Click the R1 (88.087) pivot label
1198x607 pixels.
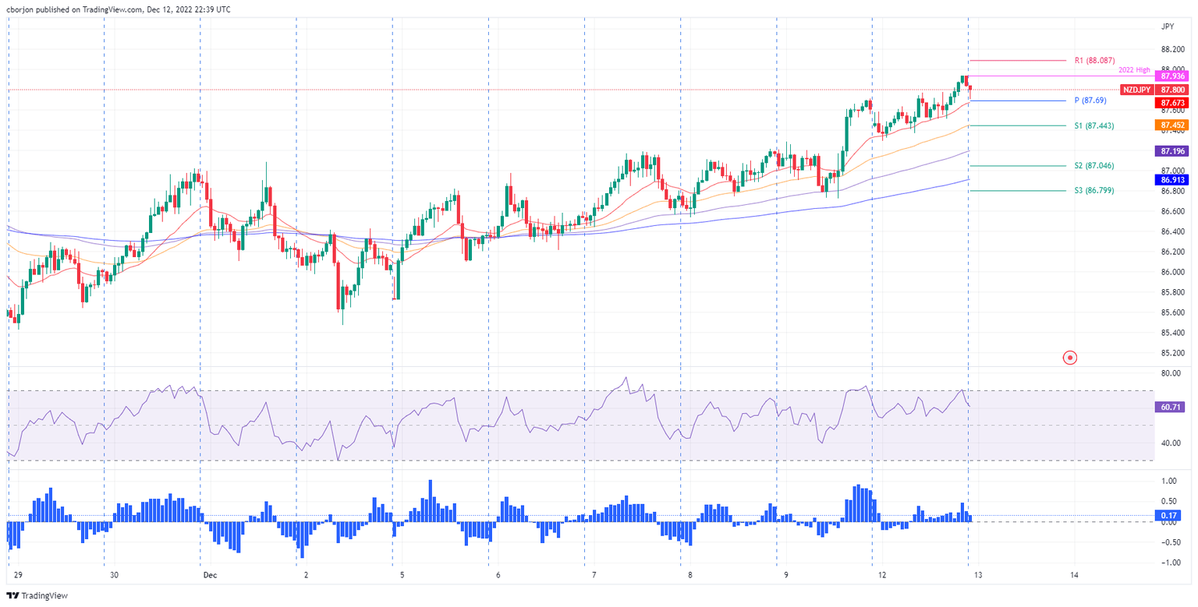point(1094,60)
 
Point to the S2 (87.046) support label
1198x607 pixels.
point(1094,166)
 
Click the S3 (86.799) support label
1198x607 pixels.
point(1094,190)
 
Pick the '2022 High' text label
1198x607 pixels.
point(1135,70)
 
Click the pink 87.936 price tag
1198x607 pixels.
point(1173,76)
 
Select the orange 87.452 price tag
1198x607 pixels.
point(1173,125)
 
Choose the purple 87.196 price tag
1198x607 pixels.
point(1173,150)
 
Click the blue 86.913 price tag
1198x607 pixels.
point(1173,179)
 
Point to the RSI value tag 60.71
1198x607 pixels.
point(1173,407)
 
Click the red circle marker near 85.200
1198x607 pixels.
point(1070,358)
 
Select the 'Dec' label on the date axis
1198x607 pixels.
point(210,575)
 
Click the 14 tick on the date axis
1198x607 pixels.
point(1074,575)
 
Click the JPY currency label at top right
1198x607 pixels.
point(1168,26)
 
